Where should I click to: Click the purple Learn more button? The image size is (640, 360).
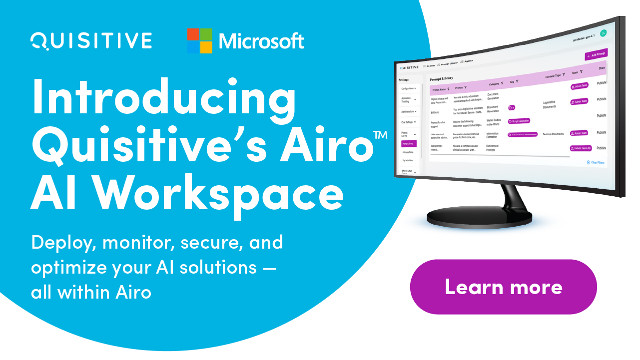coord(503,287)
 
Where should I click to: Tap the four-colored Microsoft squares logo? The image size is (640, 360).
coord(199,41)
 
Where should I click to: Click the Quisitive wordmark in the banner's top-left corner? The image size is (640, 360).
coord(91,40)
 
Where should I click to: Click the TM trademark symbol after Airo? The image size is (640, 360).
coord(380,135)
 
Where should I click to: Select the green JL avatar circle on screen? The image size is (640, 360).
coord(603,33)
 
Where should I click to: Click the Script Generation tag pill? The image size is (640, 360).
coord(519,121)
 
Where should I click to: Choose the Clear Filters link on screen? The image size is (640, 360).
coord(596,163)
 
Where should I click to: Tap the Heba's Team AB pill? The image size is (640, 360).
coord(580,148)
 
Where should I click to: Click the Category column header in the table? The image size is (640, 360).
coord(495,84)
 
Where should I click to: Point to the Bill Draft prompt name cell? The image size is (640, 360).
coord(435,113)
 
